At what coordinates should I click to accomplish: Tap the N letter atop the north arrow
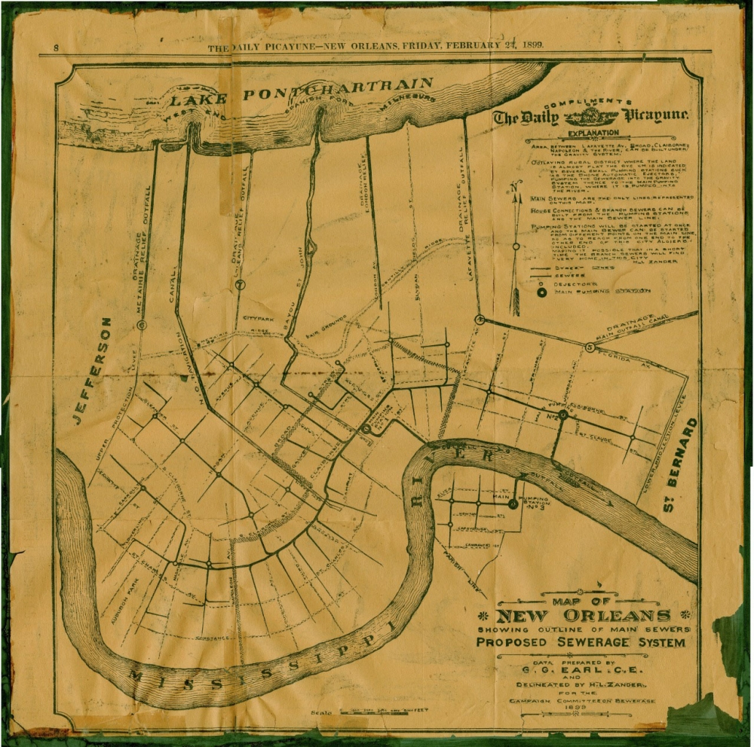tap(513, 186)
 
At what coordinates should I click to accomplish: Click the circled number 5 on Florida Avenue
tap(589, 347)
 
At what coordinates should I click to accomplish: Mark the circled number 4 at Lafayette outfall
tap(478, 319)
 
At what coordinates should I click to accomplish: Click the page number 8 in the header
tap(57, 49)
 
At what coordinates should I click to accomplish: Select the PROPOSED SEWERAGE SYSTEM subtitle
tap(581, 643)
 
